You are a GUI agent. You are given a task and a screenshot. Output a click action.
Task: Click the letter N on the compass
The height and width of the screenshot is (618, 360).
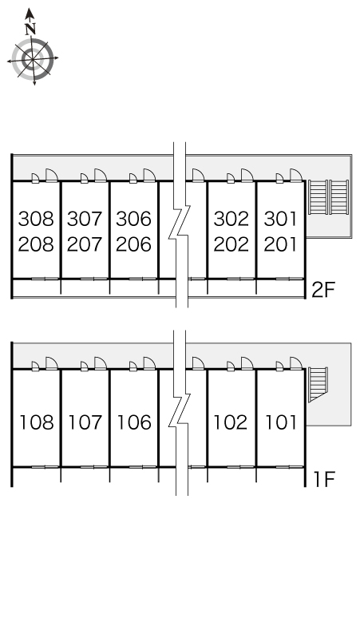pyautogui.click(x=30, y=29)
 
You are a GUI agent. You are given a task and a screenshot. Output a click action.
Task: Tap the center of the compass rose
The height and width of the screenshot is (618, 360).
pyautogui.click(x=33, y=60)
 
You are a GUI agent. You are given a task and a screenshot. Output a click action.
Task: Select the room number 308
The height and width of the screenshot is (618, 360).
pyautogui.click(x=36, y=219)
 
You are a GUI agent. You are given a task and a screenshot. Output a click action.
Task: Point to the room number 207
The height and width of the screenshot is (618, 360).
pyautogui.click(x=85, y=244)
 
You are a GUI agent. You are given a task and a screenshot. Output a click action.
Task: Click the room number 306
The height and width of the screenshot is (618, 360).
pyautogui.click(x=133, y=219)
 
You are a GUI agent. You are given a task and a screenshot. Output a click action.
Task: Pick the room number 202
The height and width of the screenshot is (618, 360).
pyautogui.click(x=231, y=244)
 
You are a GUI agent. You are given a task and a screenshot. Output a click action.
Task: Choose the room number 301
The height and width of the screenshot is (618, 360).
pyautogui.click(x=280, y=219)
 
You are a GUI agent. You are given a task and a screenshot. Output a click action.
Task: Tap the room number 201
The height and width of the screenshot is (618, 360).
pyautogui.click(x=280, y=244)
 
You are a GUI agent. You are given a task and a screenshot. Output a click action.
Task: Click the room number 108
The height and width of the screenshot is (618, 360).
pyautogui.click(x=37, y=422)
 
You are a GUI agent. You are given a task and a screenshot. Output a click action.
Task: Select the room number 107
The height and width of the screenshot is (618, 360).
pyautogui.click(x=85, y=422)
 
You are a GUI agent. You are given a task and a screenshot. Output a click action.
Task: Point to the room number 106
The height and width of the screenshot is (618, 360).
pyautogui.click(x=134, y=422)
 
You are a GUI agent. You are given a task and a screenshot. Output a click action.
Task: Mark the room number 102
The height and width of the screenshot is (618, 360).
pyautogui.click(x=231, y=422)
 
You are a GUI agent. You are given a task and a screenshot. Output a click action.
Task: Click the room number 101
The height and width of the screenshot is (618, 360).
pyautogui.click(x=280, y=422)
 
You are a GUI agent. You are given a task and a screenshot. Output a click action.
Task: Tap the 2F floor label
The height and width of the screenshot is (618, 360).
pyautogui.click(x=323, y=290)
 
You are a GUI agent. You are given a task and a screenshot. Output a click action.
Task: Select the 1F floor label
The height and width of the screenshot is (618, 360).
pyautogui.click(x=324, y=479)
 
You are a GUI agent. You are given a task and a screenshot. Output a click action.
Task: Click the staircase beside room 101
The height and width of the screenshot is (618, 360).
pyautogui.click(x=318, y=384)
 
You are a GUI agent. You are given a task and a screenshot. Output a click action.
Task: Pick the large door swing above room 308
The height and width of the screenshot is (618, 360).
pyautogui.click(x=52, y=175)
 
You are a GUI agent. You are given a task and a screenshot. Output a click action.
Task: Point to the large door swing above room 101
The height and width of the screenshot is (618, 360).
pyautogui.click(x=296, y=363)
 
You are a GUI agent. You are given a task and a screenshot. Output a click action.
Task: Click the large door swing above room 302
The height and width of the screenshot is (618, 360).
pyautogui.click(x=247, y=175)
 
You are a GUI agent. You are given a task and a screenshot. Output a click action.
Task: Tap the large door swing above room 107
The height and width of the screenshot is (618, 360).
pyautogui.click(x=101, y=363)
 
